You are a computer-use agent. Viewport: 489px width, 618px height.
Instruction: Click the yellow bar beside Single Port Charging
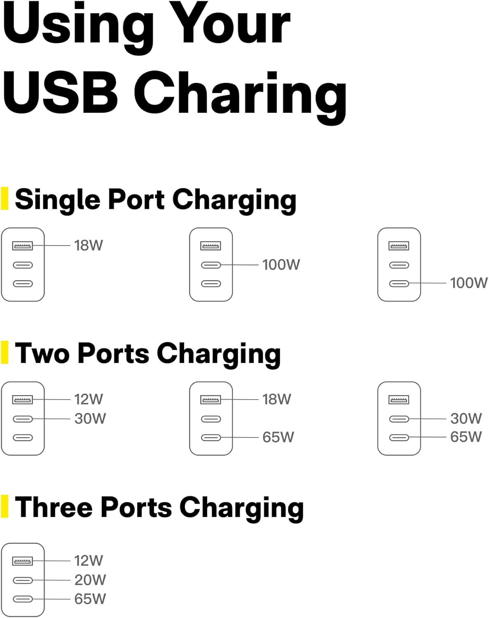(5, 199)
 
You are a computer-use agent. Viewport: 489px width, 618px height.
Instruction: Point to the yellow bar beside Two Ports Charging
(5, 352)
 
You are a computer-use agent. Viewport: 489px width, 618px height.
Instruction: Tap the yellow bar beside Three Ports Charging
(5, 506)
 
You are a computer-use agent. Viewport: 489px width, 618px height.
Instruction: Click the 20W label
(90, 580)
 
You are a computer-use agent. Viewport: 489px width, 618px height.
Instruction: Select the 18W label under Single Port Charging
(88, 245)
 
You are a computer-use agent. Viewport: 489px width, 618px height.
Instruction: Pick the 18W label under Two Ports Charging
(276, 399)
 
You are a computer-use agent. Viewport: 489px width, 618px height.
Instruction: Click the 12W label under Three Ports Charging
(88, 560)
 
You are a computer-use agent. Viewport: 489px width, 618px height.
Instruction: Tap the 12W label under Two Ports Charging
(88, 399)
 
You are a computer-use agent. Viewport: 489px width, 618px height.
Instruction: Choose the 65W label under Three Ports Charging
(90, 599)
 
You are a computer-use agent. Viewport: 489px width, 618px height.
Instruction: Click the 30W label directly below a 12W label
(90, 419)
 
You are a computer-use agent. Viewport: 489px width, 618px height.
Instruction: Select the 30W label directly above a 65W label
(466, 419)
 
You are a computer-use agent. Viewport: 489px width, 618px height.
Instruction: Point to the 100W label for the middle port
(281, 265)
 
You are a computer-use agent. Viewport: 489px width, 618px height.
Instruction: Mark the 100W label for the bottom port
(469, 283)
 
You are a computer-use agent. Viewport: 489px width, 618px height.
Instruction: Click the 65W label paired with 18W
(278, 437)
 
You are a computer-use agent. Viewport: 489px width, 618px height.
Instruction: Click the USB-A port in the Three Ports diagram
(23, 561)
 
